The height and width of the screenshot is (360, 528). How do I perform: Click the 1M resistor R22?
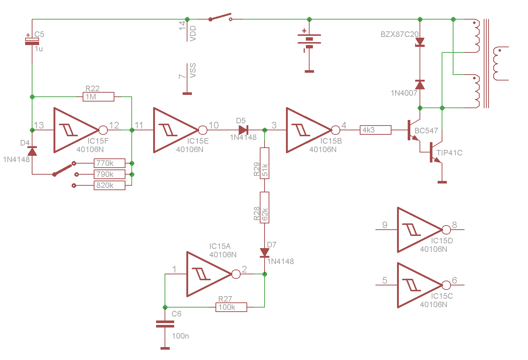[99, 97]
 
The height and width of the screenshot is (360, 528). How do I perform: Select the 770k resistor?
[110, 163]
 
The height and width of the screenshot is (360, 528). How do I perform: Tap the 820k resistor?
[110, 185]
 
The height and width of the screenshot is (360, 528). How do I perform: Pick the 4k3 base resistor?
[376, 130]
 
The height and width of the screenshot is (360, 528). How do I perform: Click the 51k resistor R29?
[265, 163]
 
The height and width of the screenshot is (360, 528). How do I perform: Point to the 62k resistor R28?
[265, 208]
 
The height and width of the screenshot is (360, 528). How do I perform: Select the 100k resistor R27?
[231, 307]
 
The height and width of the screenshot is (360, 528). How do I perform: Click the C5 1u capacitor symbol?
[32, 41]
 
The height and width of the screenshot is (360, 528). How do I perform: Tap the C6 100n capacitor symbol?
[165, 324]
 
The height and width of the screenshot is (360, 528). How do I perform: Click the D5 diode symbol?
[243, 130]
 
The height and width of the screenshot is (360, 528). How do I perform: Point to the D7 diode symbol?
[265, 253]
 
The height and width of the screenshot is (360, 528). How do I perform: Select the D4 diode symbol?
[32, 151]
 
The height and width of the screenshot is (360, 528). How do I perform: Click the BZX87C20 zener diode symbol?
[420, 42]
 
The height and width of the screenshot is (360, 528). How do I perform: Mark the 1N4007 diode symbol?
[420, 85]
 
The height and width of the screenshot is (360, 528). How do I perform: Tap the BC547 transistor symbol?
[414, 130]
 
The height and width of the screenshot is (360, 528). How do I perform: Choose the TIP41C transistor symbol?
[436, 152]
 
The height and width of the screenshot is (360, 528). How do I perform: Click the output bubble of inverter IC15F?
[103, 130]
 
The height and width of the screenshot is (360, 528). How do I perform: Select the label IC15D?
[442, 241]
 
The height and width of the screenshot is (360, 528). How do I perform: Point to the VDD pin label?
[193, 34]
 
